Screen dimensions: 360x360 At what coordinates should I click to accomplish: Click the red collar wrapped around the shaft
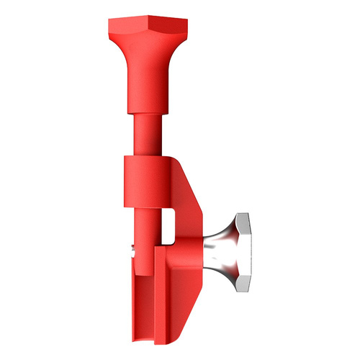pos(144,180)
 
